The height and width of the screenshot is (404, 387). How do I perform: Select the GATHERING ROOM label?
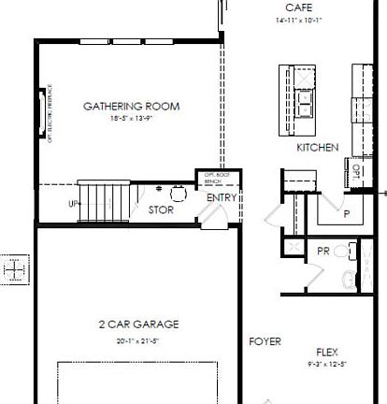pos(131,106)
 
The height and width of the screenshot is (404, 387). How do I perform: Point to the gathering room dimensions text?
pos(131,118)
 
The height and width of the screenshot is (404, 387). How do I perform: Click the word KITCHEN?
pos(317,149)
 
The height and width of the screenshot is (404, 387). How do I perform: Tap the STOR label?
pos(161,210)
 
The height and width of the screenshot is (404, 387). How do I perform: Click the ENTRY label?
pos(221,197)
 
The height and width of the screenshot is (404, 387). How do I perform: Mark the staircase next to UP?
pos(105,200)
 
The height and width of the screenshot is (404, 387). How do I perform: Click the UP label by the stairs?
pos(73,203)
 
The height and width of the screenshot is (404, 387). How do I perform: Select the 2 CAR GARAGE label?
pos(138,325)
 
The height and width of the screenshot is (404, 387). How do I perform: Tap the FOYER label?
pos(265,342)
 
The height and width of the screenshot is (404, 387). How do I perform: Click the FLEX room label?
pos(326,353)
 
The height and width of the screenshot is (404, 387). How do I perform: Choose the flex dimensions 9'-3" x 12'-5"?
pos(326,364)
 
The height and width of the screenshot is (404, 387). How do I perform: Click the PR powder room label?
pos(323,252)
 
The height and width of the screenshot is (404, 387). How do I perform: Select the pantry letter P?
pos(346,213)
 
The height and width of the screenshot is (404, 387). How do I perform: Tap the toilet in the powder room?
pos(349,278)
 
